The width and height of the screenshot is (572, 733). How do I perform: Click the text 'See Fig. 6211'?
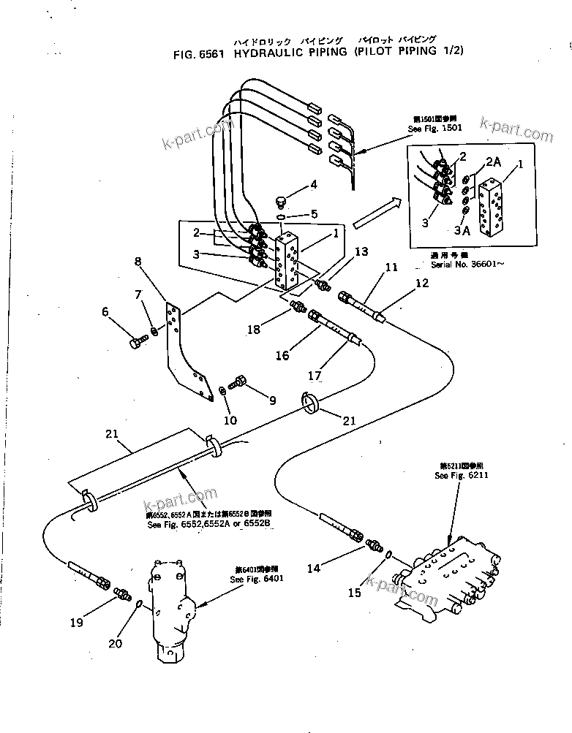(460, 475)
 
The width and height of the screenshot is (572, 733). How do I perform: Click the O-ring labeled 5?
(282, 216)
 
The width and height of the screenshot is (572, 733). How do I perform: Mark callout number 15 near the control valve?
(354, 593)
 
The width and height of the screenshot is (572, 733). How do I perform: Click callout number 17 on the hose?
(315, 376)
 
